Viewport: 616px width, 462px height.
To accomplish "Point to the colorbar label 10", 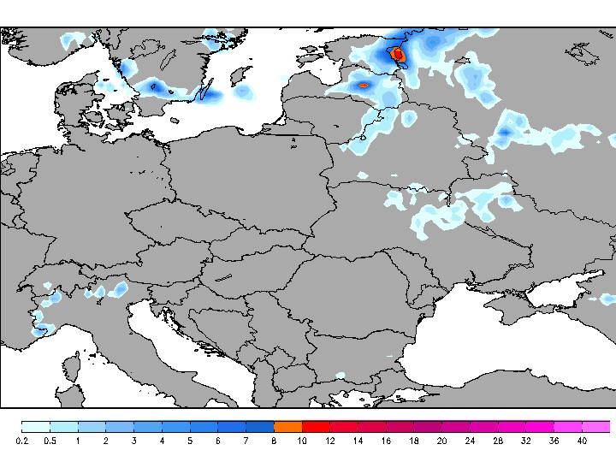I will coord(302,441).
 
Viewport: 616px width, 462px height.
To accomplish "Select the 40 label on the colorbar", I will coord(582,441).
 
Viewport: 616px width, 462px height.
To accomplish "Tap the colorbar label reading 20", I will coord(441,441).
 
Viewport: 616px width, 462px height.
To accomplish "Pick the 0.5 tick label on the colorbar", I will coord(50,441).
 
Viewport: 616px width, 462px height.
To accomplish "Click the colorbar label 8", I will coord(274,441).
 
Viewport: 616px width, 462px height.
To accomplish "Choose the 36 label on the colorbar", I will coord(554,441).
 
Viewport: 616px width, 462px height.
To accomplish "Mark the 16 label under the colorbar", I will coord(386,441).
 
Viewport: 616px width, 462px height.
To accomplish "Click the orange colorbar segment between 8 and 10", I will coord(288,426).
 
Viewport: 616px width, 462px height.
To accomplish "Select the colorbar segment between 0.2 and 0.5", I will coord(36,426).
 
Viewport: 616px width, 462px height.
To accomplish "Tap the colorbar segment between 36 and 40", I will coord(568,426).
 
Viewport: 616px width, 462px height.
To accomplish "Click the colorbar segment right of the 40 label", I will coord(596,426).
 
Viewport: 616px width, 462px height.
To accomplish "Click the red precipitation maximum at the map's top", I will coord(399,55).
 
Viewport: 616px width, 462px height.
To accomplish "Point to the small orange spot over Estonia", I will coord(363,85).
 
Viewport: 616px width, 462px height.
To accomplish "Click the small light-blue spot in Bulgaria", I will coord(341,375).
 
